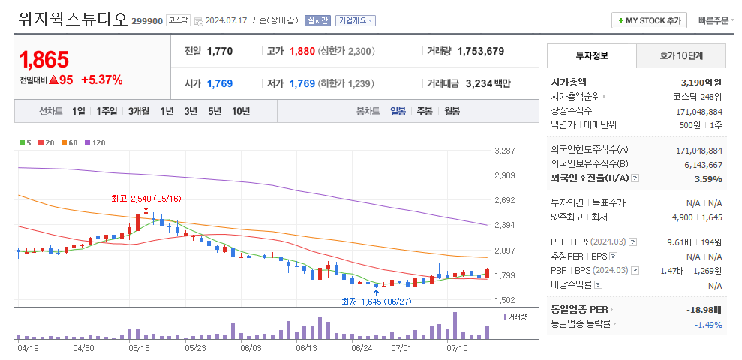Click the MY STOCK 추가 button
coord(650,21)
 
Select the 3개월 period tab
coord(139,111)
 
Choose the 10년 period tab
coord(241,111)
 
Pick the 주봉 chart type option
coord(425,111)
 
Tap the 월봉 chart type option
coord(452,111)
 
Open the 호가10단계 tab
coord(681,55)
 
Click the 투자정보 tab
coord(592,55)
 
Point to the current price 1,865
coord(44,59)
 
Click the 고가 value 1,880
coord(302,52)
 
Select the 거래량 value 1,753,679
coord(480,52)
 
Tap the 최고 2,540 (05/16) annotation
coord(146,199)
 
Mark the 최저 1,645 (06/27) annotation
coord(376,301)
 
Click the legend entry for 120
coord(95,142)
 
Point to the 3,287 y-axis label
coord(504,151)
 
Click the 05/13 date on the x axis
coord(140,348)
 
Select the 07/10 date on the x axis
coord(457,348)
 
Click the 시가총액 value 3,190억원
coord(701,82)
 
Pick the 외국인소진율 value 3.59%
coord(708,179)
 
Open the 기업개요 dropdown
coord(356,21)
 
